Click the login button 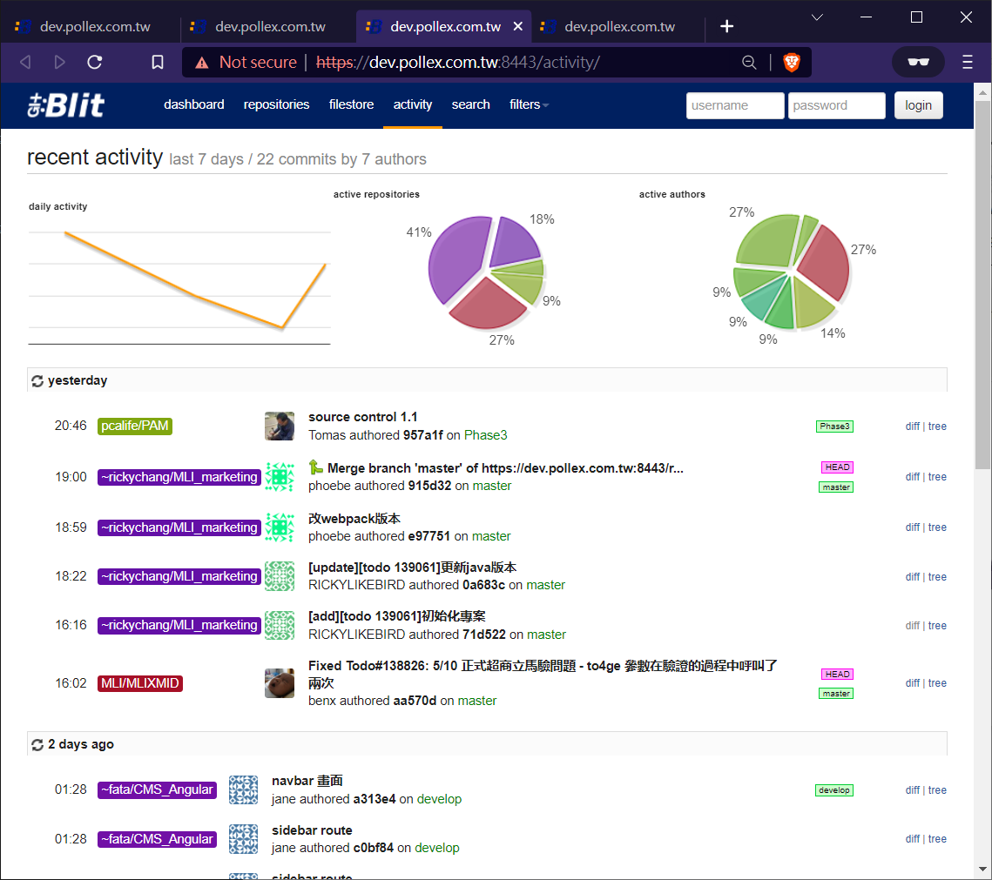[918, 105]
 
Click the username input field [734, 105]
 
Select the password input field [836, 105]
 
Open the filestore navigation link [351, 104]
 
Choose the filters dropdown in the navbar [529, 104]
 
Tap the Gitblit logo [66, 105]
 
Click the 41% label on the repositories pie [419, 232]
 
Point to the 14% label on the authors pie [833, 333]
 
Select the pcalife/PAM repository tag [135, 427]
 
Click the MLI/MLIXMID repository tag [140, 683]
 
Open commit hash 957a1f [423, 435]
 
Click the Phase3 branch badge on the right [834, 427]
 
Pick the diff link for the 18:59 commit [912, 527]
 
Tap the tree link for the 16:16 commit [937, 625]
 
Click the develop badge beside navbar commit [834, 790]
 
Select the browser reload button [95, 62]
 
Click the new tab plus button [727, 26]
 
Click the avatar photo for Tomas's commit [280, 427]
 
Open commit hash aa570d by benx [415, 701]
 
